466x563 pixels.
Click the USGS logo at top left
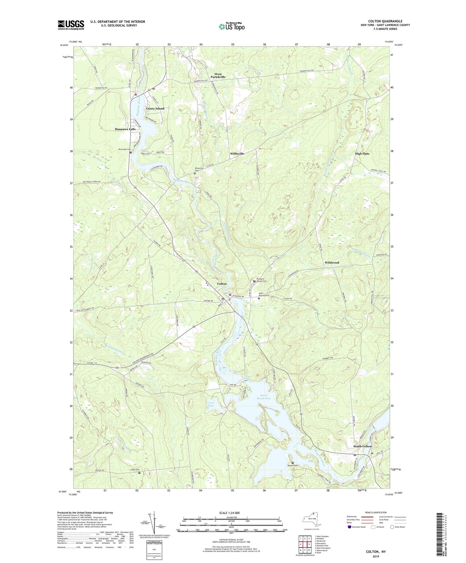71,25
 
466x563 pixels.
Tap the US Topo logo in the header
231,26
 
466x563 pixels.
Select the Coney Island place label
155,109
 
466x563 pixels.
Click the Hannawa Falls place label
125,129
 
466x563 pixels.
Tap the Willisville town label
237,154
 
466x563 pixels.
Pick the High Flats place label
362,154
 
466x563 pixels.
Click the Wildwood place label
332,263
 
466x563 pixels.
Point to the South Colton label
362,446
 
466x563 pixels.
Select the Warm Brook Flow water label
264,397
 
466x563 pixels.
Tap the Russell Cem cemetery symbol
292,463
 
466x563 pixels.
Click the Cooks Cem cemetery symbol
139,473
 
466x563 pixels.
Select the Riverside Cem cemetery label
124,150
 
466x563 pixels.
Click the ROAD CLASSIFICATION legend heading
376,512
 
